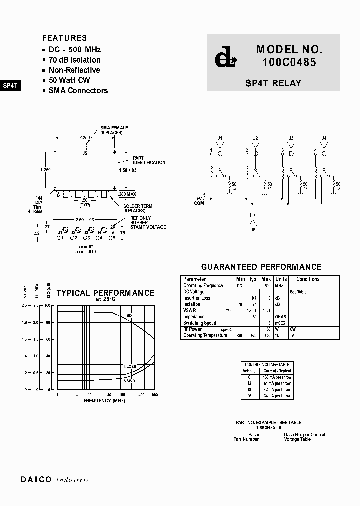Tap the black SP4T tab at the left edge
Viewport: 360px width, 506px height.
pyautogui.click(x=10, y=85)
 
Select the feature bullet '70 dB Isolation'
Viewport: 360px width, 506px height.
pyautogui.click(x=74, y=60)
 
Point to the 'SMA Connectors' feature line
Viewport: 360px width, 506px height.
pyautogui.click(x=78, y=90)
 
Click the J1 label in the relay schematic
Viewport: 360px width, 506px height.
pyautogui.click(x=220, y=138)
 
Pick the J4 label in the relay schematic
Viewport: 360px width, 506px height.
pyautogui.click(x=324, y=138)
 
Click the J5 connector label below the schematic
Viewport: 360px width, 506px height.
pyautogui.click(x=253, y=229)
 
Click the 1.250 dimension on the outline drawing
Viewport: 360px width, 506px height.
pyautogui.click(x=45, y=170)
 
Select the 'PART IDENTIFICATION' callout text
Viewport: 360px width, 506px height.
pyautogui.click(x=149, y=160)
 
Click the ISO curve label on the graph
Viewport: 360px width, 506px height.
pyautogui.click(x=128, y=316)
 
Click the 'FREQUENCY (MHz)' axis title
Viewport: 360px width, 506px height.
pyautogui.click(x=104, y=401)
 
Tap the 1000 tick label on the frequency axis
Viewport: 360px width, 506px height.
pyautogui.click(x=153, y=395)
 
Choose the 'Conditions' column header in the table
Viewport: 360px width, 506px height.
pyautogui.click(x=308, y=279)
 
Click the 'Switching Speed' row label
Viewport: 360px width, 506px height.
pyautogui.click(x=200, y=323)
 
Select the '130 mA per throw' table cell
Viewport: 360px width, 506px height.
pyautogui.click(x=277, y=377)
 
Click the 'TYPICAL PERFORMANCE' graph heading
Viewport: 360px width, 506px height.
pyautogui.click(x=105, y=293)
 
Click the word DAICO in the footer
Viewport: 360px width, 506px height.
pyautogui.click(x=36, y=480)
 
